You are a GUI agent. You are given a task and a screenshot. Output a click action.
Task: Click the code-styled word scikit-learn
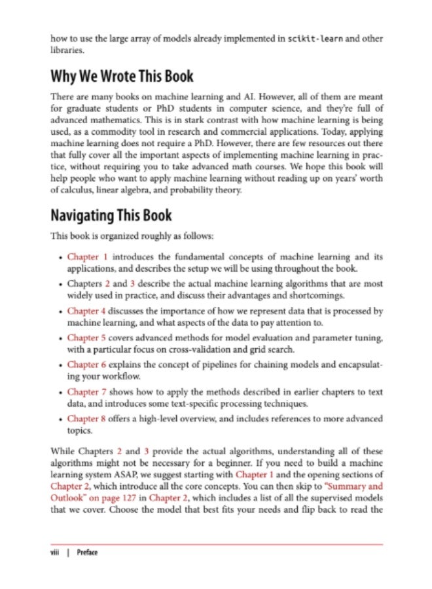tap(317, 39)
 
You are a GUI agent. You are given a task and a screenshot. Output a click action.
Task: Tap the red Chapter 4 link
tap(86, 312)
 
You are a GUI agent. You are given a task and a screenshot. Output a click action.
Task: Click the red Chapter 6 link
tap(86, 363)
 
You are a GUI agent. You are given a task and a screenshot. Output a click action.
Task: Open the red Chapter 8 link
tap(86, 419)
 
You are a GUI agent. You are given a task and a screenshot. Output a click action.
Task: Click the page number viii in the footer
tap(56, 553)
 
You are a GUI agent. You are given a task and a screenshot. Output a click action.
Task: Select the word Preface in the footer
tap(87, 553)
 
